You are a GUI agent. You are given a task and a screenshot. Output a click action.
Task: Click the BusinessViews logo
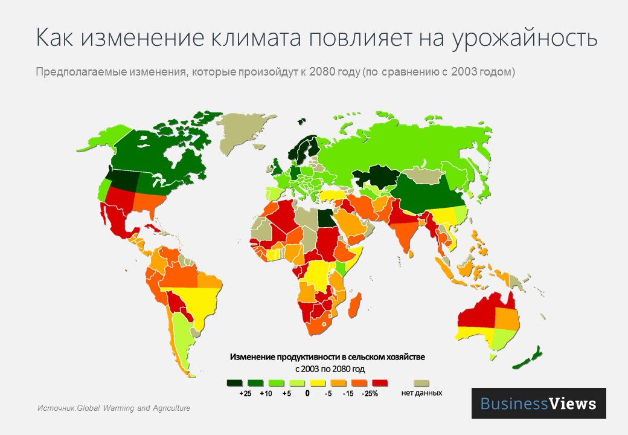point(538,404)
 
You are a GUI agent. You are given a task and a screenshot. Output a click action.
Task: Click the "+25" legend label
point(245,393)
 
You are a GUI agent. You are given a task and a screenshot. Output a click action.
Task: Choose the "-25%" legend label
point(369,393)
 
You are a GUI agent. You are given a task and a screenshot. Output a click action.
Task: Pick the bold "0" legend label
point(307,393)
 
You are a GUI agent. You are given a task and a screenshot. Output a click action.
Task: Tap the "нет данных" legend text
point(421,393)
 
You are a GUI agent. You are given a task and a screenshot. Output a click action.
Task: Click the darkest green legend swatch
point(235,382)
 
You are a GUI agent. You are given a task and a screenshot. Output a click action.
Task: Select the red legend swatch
point(380,382)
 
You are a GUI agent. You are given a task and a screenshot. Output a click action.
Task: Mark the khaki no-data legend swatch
point(421,382)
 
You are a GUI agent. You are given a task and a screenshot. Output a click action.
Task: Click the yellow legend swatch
point(318,382)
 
